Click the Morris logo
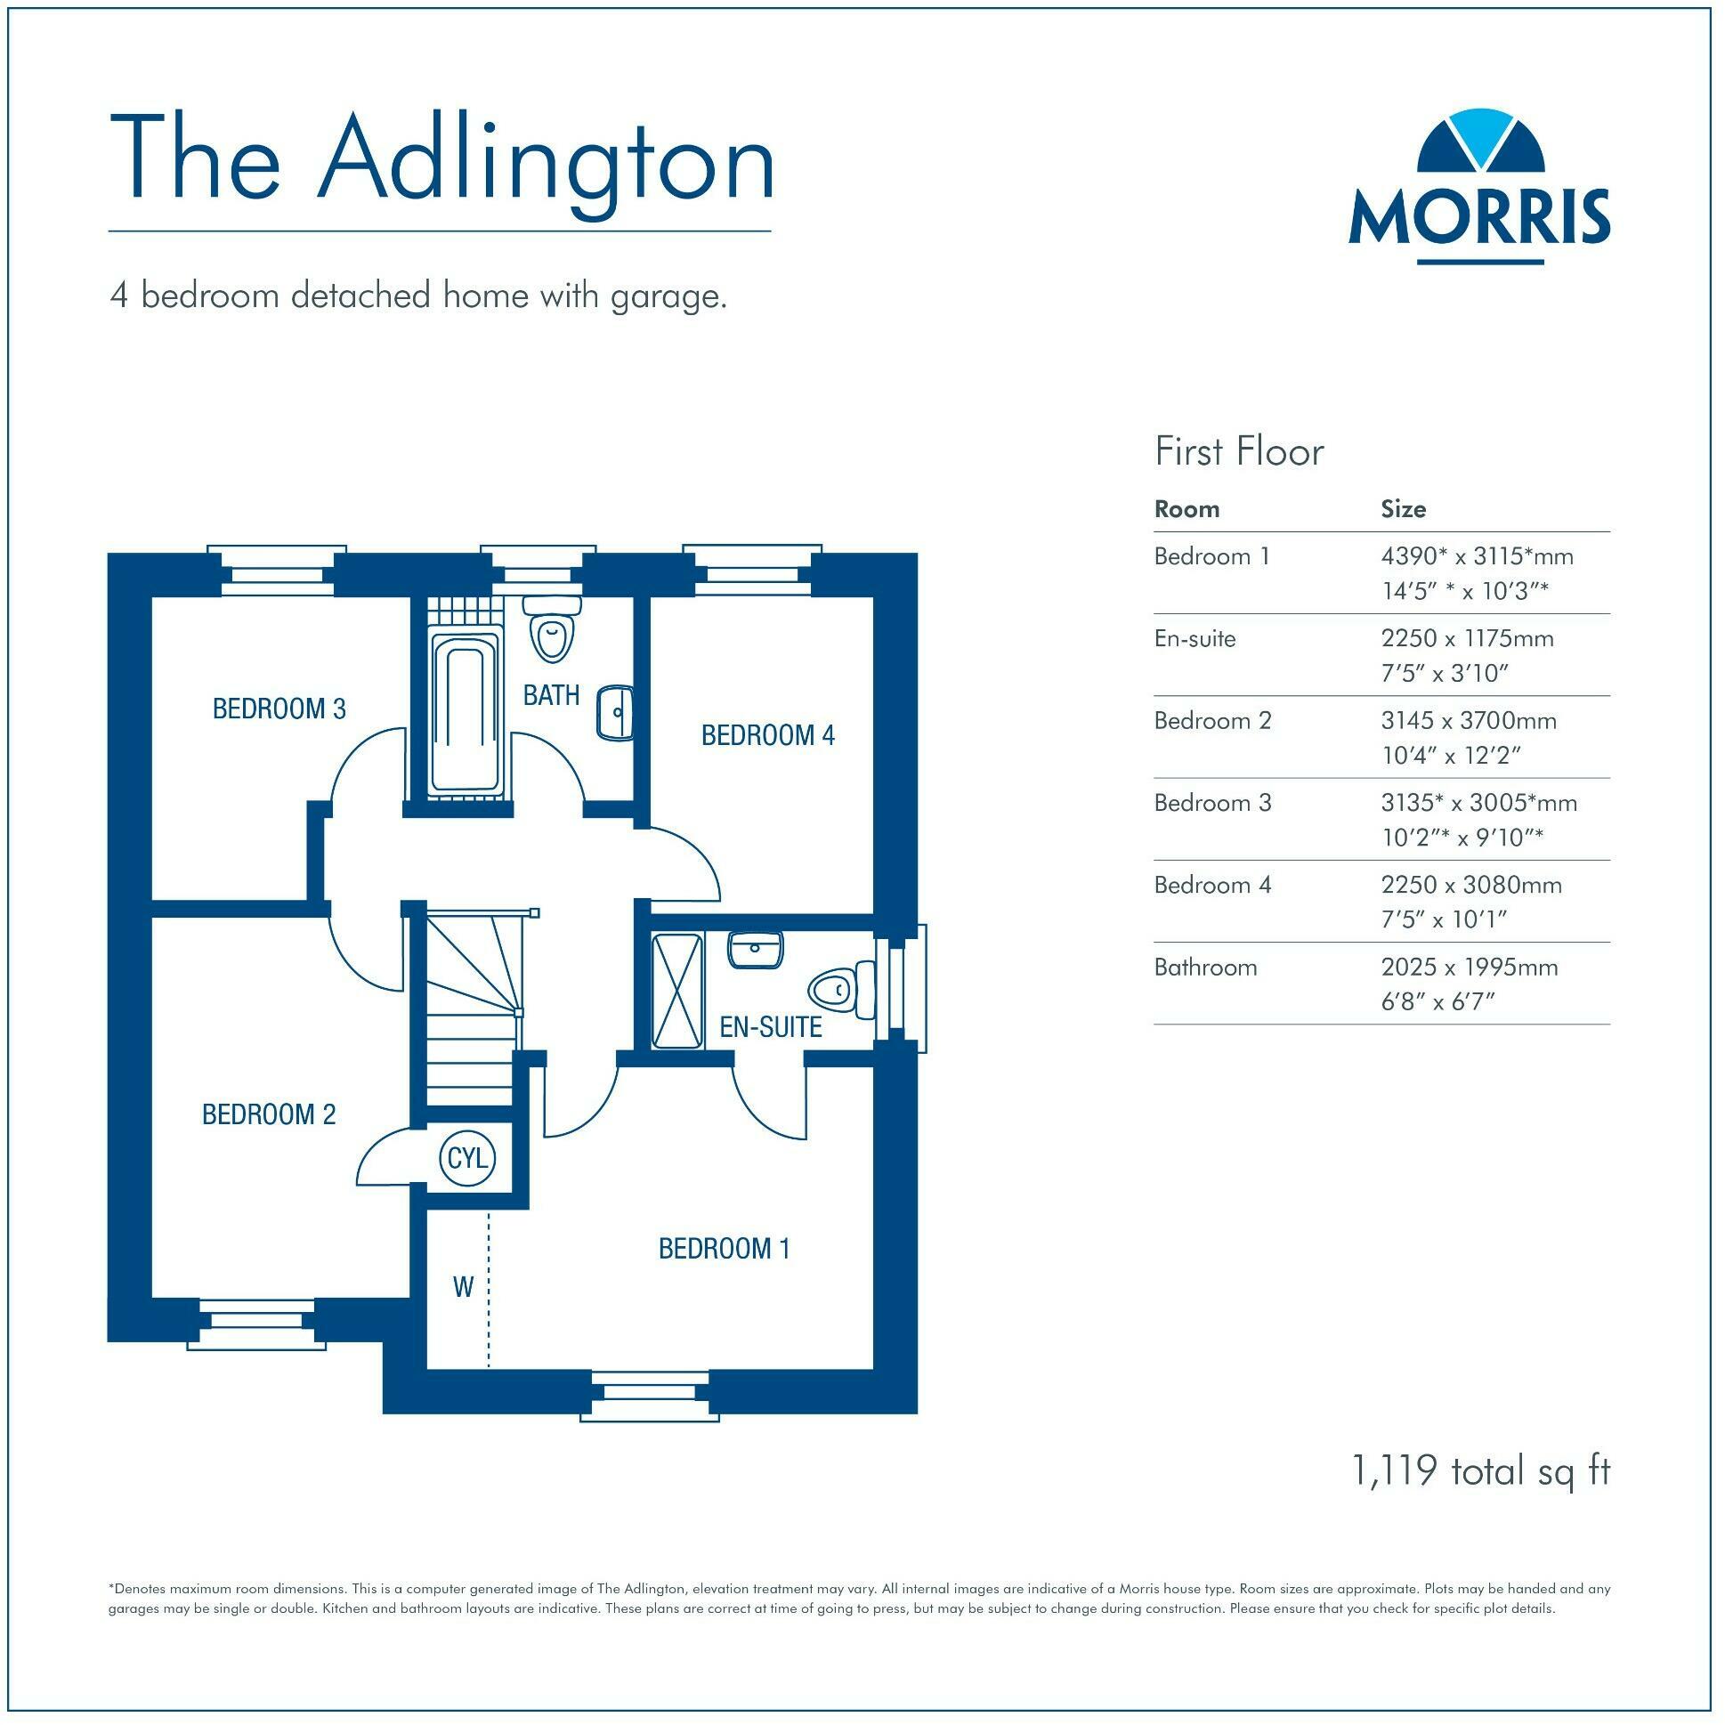click(x=1478, y=189)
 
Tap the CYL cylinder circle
click(x=466, y=1159)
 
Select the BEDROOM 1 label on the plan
click(x=725, y=1248)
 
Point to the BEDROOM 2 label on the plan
click(x=269, y=1114)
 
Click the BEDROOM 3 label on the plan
click(x=279, y=709)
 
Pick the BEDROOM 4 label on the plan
click(x=768, y=736)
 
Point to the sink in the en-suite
click(x=756, y=950)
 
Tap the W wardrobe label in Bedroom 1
click(x=463, y=1286)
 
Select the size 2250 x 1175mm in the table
click(x=1467, y=638)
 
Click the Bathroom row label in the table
click(x=1205, y=967)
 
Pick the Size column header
click(x=1403, y=509)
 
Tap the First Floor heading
click(x=1238, y=452)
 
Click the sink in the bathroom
click(x=614, y=712)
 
